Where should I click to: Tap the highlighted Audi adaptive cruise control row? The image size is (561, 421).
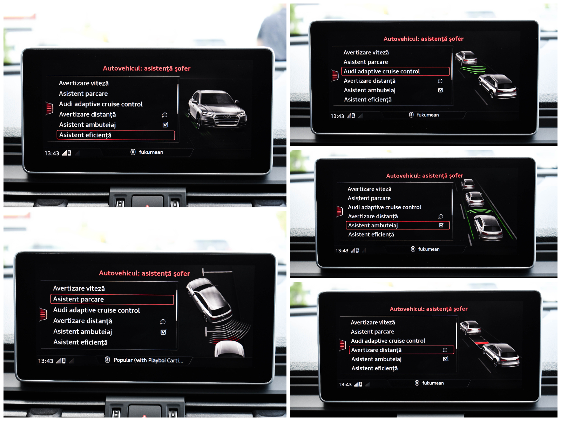(395, 71)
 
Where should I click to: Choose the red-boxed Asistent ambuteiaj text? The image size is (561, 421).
(373, 226)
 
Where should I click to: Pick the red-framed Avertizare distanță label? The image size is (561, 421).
(376, 350)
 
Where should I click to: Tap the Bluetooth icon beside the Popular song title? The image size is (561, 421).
(107, 360)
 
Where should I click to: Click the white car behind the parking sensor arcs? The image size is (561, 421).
(230, 349)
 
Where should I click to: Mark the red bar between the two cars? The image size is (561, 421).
(482, 343)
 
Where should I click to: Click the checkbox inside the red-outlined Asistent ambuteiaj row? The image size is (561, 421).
(441, 225)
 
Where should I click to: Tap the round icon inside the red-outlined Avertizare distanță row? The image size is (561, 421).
(445, 350)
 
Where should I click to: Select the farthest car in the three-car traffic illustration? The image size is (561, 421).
(468, 184)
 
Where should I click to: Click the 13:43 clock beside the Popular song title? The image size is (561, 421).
(46, 361)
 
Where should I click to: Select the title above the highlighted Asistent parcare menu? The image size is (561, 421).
(144, 273)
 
